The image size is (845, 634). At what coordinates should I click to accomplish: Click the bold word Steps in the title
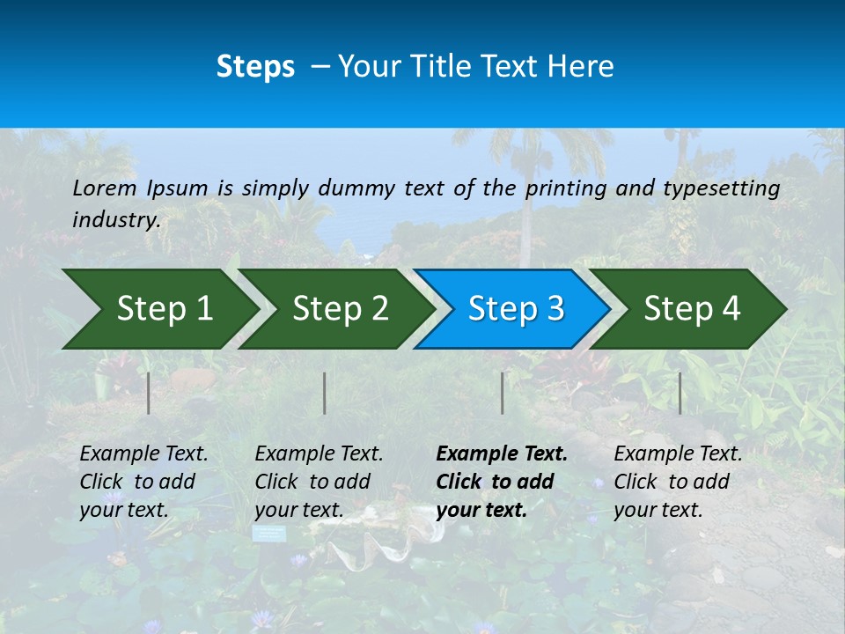point(255,67)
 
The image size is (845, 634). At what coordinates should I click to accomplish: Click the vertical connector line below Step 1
point(149,393)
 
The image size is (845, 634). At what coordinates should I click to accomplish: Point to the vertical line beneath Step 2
point(325,393)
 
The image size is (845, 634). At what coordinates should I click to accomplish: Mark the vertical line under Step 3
point(503,393)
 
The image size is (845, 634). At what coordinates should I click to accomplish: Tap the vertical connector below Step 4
point(680,393)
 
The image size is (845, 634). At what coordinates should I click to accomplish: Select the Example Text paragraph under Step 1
point(143,482)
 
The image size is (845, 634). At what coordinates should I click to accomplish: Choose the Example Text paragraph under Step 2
point(319,482)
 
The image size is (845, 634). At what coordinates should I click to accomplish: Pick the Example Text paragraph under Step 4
point(678,482)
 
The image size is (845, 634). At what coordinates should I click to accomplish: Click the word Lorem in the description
point(105,188)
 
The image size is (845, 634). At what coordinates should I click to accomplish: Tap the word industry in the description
point(115,220)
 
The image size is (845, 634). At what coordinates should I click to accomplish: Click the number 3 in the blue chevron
point(555,309)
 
